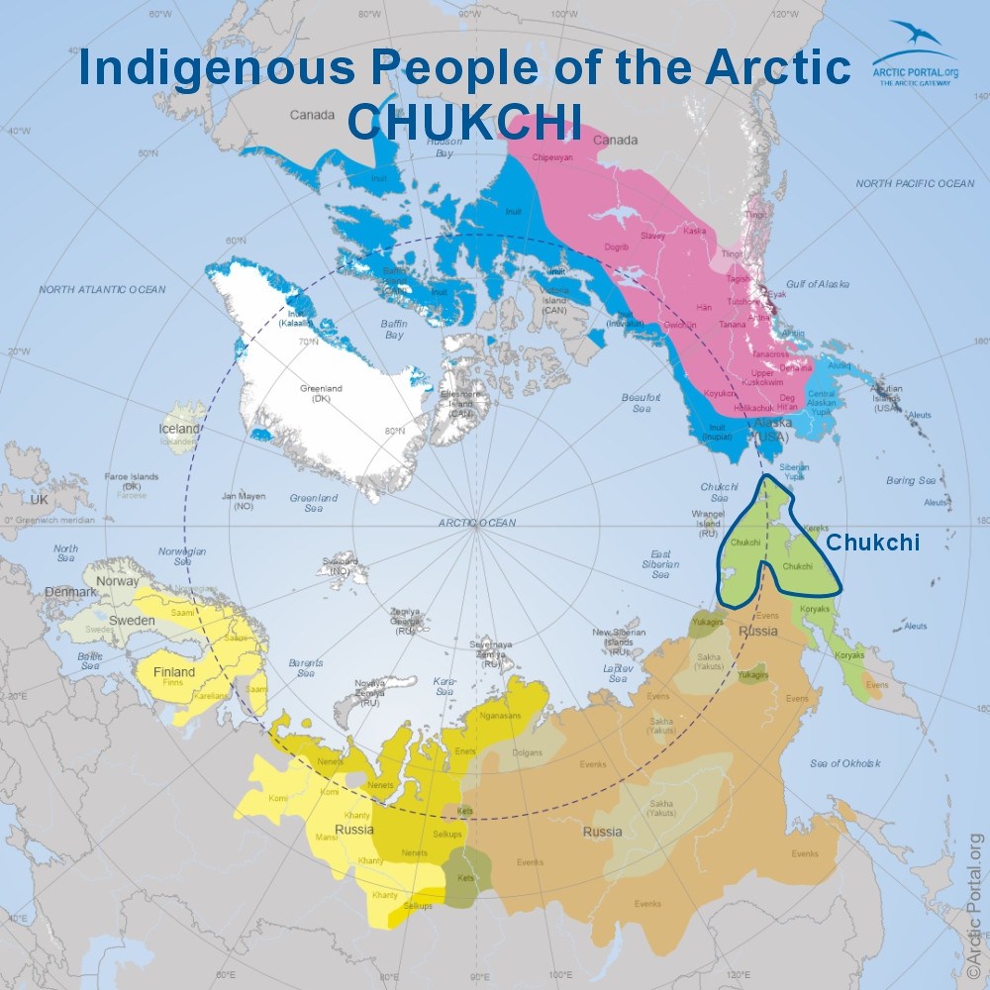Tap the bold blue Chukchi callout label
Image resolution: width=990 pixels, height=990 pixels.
click(873, 543)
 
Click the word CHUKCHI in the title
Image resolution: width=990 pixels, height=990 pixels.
click(464, 121)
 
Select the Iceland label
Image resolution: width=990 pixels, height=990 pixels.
click(179, 430)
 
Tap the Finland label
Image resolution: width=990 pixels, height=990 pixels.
click(174, 672)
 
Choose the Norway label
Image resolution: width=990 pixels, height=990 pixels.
click(118, 581)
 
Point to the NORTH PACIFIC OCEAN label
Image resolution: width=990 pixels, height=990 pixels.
click(915, 184)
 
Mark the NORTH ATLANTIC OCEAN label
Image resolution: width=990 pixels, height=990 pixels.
click(102, 289)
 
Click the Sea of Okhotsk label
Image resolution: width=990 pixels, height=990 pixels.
click(844, 762)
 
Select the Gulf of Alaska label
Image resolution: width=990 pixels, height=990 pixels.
click(818, 284)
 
